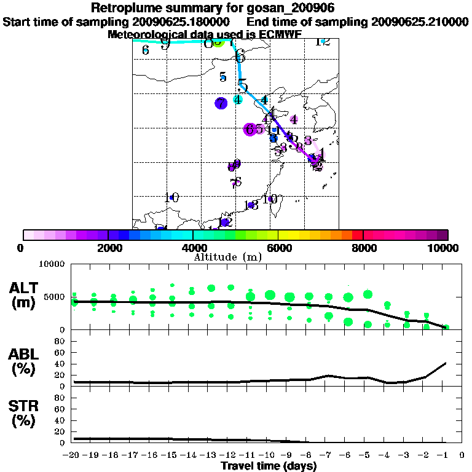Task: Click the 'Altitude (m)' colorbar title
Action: point(235,257)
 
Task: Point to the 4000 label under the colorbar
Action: point(194,248)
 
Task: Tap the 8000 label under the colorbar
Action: point(364,248)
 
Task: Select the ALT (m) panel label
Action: point(25,294)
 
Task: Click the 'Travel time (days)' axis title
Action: point(269,466)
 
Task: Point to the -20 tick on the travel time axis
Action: point(73,455)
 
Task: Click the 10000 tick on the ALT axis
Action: point(52,265)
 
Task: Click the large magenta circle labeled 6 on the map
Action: point(250,129)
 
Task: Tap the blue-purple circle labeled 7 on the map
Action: point(221,103)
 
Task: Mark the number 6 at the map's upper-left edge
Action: point(146,50)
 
